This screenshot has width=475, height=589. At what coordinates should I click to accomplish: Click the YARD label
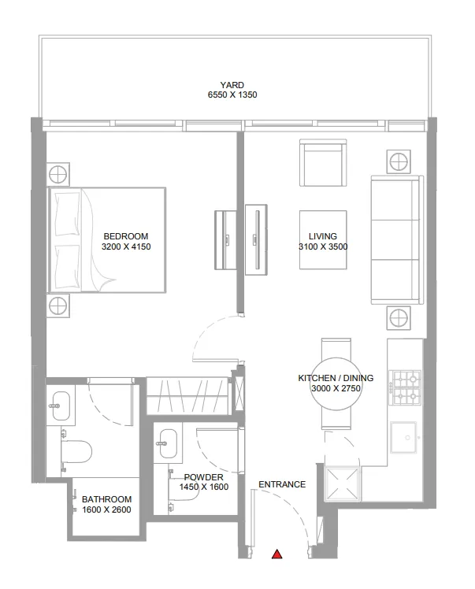tap(232, 85)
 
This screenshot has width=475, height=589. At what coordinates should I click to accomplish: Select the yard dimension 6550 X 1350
tap(232, 95)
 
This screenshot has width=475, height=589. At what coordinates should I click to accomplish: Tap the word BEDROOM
tap(125, 236)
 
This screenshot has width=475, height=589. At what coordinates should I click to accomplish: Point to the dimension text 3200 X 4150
tap(125, 246)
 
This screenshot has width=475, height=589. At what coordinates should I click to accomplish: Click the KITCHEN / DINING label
tap(336, 378)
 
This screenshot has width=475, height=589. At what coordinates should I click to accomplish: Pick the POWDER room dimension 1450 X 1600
tap(203, 487)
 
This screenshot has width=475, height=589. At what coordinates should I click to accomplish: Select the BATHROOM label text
tap(106, 499)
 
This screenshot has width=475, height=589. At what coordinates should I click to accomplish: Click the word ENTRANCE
tap(281, 484)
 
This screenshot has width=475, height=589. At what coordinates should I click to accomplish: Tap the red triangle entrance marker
tap(276, 554)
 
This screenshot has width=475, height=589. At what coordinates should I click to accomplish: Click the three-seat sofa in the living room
tap(396, 239)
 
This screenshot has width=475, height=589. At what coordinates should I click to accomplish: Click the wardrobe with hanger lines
tap(188, 394)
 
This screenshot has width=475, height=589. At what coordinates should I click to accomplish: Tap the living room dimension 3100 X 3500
tap(323, 246)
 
